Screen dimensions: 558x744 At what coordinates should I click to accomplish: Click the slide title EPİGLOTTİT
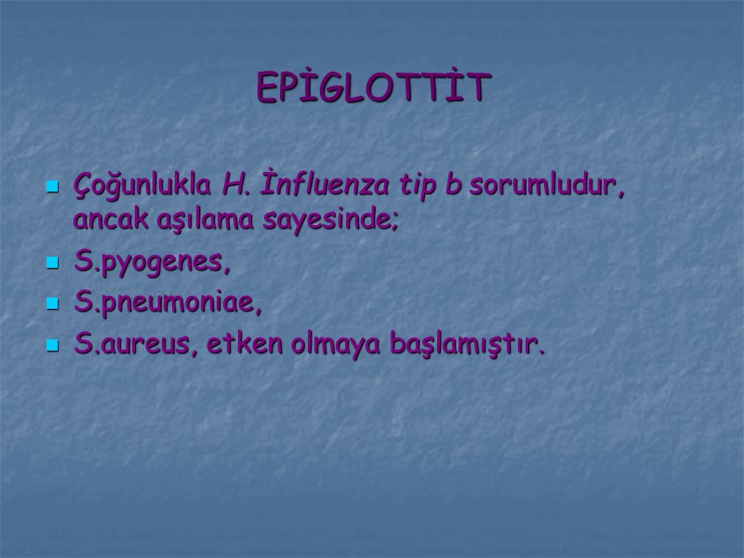[x=373, y=88]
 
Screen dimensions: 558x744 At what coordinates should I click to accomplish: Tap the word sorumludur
[x=546, y=185]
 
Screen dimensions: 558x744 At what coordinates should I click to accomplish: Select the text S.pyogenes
[x=151, y=263]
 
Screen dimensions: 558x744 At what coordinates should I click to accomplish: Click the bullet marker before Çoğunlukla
[x=52, y=187]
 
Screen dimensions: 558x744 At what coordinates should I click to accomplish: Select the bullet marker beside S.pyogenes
[x=52, y=264]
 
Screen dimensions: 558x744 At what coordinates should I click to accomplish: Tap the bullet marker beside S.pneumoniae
[x=52, y=305]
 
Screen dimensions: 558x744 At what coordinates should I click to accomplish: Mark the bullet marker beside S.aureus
[x=52, y=347]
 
